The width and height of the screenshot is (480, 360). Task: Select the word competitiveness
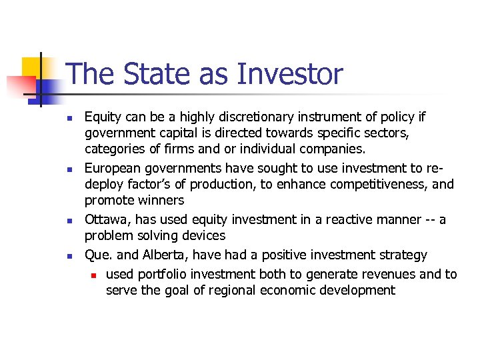[x=368, y=185]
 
